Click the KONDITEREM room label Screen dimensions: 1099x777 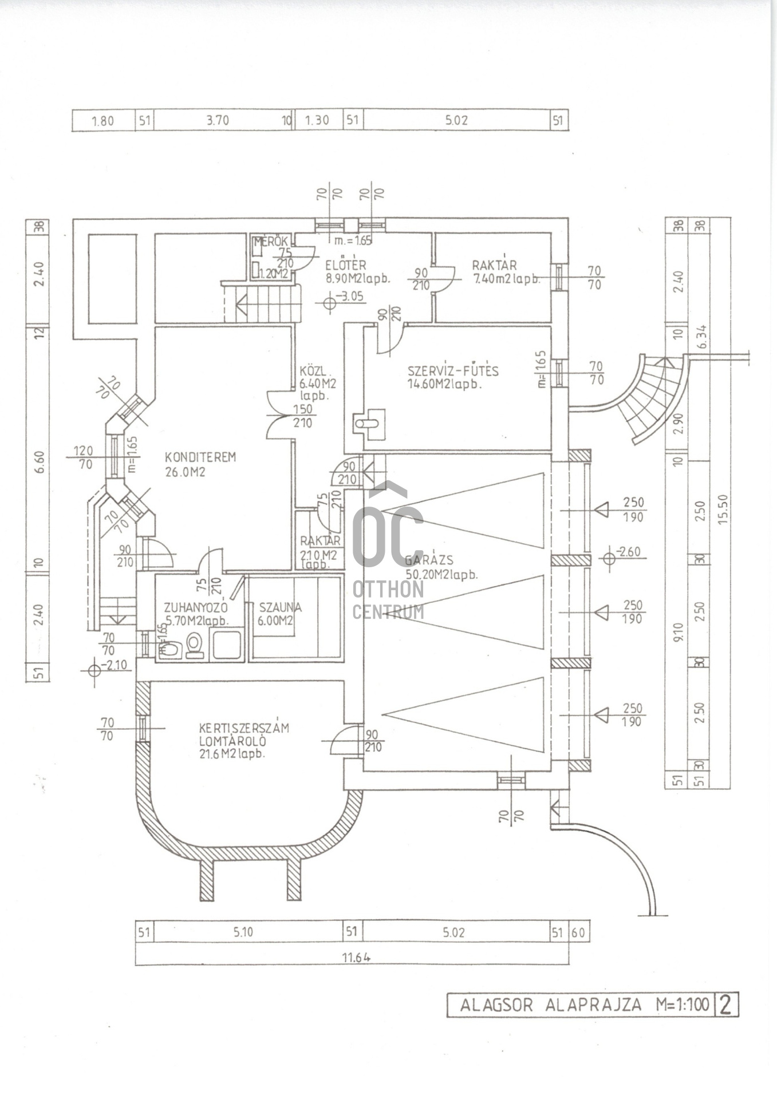(x=200, y=457)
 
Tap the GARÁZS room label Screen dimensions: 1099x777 (x=429, y=560)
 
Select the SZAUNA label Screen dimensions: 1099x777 (x=280, y=607)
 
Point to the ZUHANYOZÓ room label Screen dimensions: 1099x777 (x=196, y=607)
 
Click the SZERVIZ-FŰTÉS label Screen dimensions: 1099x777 (x=453, y=371)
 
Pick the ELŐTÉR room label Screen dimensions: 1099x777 (x=345, y=266)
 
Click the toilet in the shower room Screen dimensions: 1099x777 (x=195, y=645)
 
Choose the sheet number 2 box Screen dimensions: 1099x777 (x=726, y=1005)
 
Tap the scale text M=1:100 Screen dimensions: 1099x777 (x=683, y=1005)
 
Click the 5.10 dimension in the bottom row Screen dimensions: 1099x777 (x=243, y=932)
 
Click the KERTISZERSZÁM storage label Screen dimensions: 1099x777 (x=244, y=729)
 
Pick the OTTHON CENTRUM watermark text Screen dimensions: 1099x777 (x=388, y=600)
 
